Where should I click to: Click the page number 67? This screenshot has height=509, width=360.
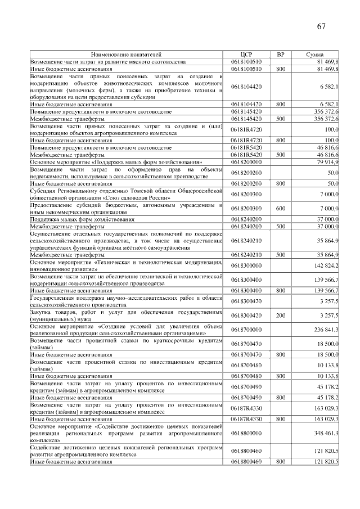point(321,26)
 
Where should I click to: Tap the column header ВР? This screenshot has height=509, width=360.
point(281,54)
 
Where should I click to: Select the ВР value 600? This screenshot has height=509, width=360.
point(281,209)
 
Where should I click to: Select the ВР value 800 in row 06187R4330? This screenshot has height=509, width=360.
point(281,419)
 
